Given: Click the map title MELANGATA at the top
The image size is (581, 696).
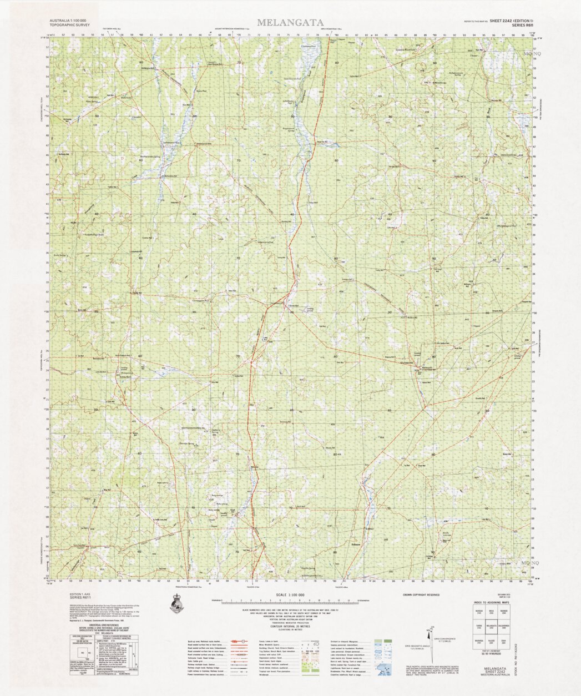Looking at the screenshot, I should coord(290,23).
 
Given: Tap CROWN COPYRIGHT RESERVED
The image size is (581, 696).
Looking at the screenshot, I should coord(421,594).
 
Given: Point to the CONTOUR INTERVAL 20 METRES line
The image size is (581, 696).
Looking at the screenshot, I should coord(290,623).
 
